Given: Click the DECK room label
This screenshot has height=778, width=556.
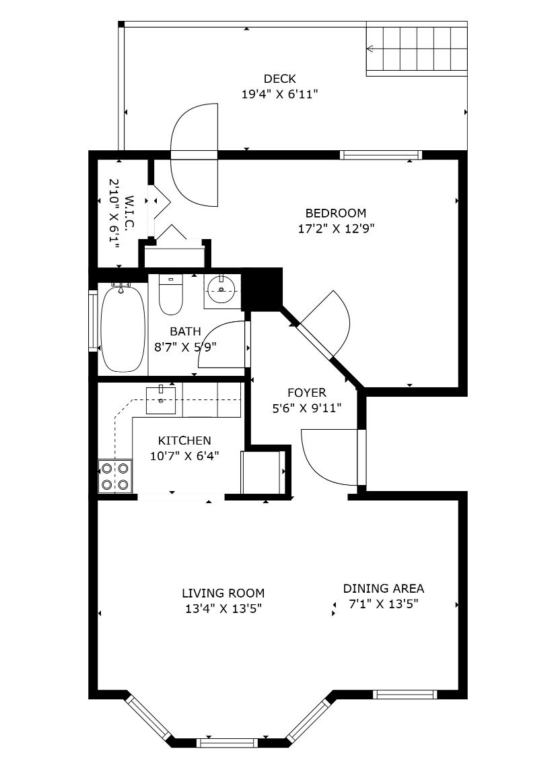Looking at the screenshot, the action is pyautogui.click(x=280, y=78).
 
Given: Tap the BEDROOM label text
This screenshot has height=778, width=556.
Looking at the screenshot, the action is pyautogui.click(x=336, y=214).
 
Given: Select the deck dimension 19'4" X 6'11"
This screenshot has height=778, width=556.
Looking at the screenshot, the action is pyautogui.click(x=280, y=94).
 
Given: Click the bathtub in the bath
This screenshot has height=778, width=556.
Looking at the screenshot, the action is pyautogui.click(x=123, y=327).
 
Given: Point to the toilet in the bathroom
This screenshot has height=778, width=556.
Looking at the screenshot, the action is pyautogui.click(x=170, y=295).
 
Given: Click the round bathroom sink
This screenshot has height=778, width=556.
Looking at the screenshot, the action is pyautogui.click(x=221, y=289).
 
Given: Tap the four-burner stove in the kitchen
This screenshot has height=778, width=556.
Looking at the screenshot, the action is pyautogui.click(x=115, y=476).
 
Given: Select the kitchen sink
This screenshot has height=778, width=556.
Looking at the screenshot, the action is pyautogui.click(x=161, y=400).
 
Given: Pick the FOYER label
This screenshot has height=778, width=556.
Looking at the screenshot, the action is pyautogui.click(x=307, y=393).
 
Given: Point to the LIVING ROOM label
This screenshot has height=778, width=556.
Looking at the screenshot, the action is pyautogui.click(x=223, y=593).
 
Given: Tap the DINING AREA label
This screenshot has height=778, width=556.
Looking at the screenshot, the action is pyautogui.click(x=384, y=589).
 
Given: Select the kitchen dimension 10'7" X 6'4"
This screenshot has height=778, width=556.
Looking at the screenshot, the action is pyautogui.click(x=184, y=455).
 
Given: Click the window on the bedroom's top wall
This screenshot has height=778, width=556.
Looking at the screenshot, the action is pyautogui.click(x=381, y=155).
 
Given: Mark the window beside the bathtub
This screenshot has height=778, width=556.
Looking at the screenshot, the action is pyautogui.click(x=93, y=321).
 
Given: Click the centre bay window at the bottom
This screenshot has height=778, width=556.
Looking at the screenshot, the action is pyautogui.click(x=227, y=743).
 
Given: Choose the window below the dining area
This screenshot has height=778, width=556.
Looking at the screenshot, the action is pyautogui.click(x=405, y=694).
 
